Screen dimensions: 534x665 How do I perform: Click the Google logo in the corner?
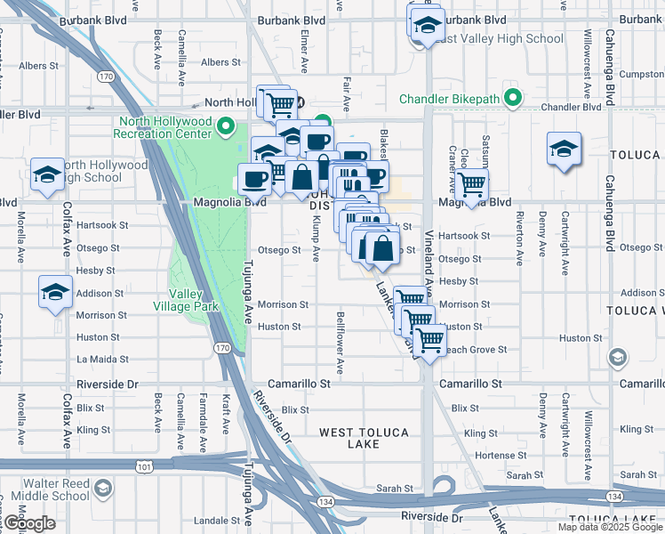[28, 523]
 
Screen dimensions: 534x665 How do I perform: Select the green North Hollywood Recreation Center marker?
[225, 127]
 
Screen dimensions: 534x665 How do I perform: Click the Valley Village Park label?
[194, 300]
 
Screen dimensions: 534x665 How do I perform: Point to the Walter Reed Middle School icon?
[104, 489]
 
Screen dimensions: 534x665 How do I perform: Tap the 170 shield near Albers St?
[107, 77]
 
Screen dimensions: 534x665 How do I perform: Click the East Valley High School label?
[501, 39]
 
